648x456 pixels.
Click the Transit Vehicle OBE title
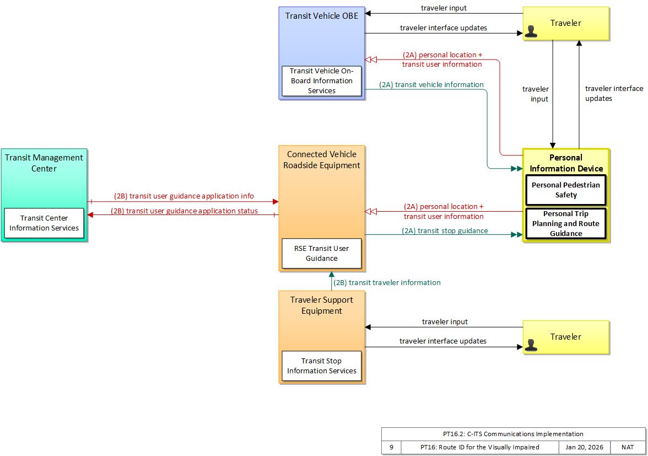[322, 15]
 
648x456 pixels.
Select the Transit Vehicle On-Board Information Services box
[322, 81]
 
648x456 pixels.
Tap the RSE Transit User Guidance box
[322, 254]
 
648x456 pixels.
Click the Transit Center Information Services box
[44, 223]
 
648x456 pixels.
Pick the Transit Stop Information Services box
[322, 366]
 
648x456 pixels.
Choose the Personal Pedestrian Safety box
[566, 190]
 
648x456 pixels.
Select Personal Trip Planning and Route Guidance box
[566, 224]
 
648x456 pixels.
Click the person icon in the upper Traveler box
[531, 31]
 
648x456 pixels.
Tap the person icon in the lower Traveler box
[531, 345]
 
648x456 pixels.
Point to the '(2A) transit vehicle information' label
[431, 85]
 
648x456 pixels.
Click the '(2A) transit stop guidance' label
[445, 230]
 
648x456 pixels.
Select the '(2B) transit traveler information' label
[387, 282]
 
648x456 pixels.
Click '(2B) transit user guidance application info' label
[184, 196]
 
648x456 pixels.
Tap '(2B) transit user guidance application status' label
[184, 211]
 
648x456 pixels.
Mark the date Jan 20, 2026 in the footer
[584, 447]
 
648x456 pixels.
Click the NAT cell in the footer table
[627, 447]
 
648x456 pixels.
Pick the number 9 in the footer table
[391, 447]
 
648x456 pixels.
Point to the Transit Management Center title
[44, 163]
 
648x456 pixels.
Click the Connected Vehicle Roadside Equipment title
[322, 159]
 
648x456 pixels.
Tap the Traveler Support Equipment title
[322, 305]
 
